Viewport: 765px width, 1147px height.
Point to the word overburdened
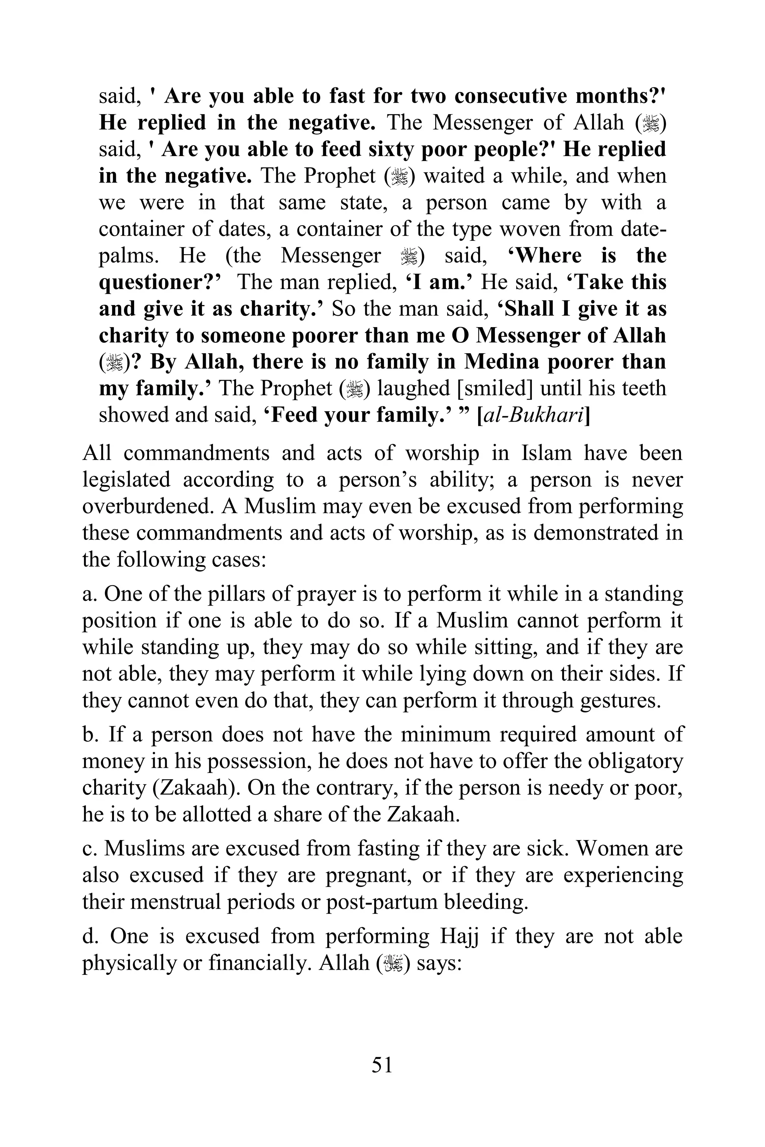[x=148, y=507]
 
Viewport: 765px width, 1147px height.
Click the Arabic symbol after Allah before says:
[x=393, y=963]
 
